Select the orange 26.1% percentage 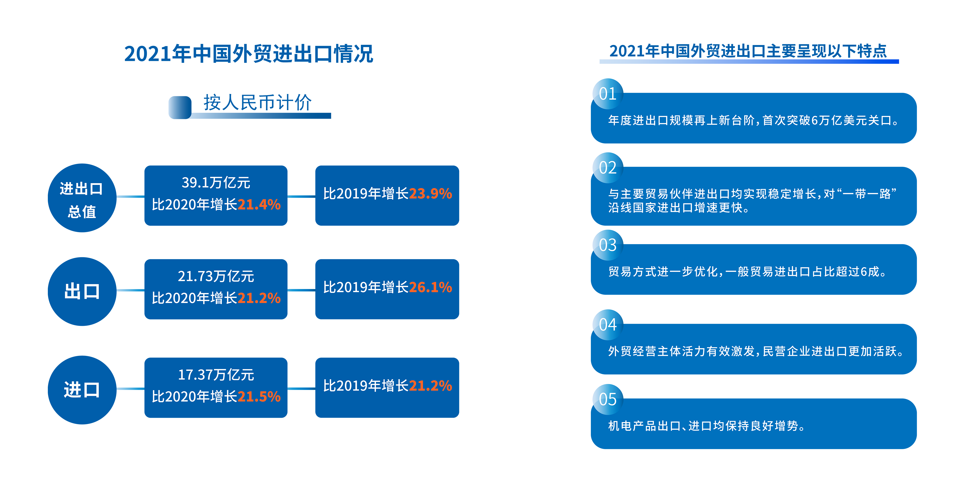point(430,287)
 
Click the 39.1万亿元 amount point(216,183)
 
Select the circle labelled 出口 point(82,292)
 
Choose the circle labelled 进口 point(82,390)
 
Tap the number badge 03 point(607,245)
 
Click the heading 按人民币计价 point(257,102)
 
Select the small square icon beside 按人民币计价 point(180,107)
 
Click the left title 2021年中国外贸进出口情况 point(249,54)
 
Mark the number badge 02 point(607,168)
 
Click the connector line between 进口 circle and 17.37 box point(130,389)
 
